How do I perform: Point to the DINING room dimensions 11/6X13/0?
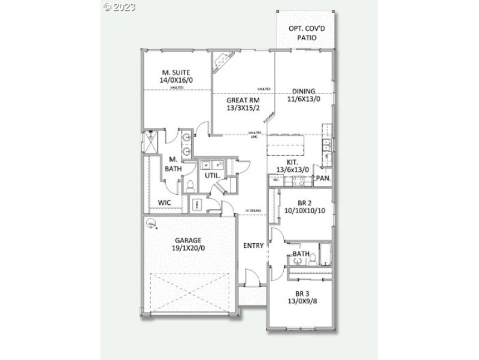point(304,99)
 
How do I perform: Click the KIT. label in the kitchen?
point(293,162)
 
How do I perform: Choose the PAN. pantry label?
point(323,178)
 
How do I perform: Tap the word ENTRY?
point(253,246)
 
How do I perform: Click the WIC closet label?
point(165,202)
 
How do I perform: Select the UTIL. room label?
point(212,176)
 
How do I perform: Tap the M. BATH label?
point(172,164)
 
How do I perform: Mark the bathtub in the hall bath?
point(323,254)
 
